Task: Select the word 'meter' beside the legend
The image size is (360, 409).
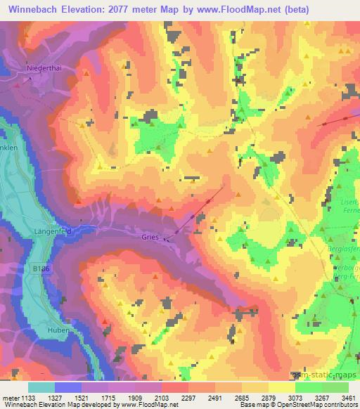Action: pos(11,397)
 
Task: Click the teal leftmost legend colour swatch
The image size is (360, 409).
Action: pos(41,387)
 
